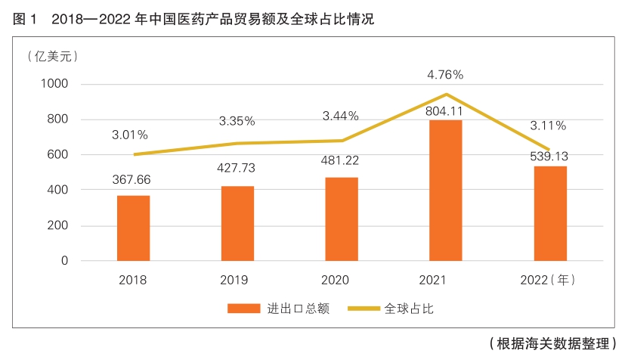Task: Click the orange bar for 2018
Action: [x=133, y=228]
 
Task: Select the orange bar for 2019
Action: [x=237, y=223]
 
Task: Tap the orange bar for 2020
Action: [x=341, y=219]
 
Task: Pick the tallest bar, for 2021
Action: [x=445, y=190]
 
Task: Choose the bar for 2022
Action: [x=550, y=213]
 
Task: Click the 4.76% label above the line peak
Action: [x=445, y=74]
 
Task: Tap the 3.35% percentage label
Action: [x=237, y=120]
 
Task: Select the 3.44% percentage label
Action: [x=341, y=116]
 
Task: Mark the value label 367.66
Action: [x=133, y=180]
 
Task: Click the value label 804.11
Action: [x=445, y=110]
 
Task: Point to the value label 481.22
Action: [x=341, y=163]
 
